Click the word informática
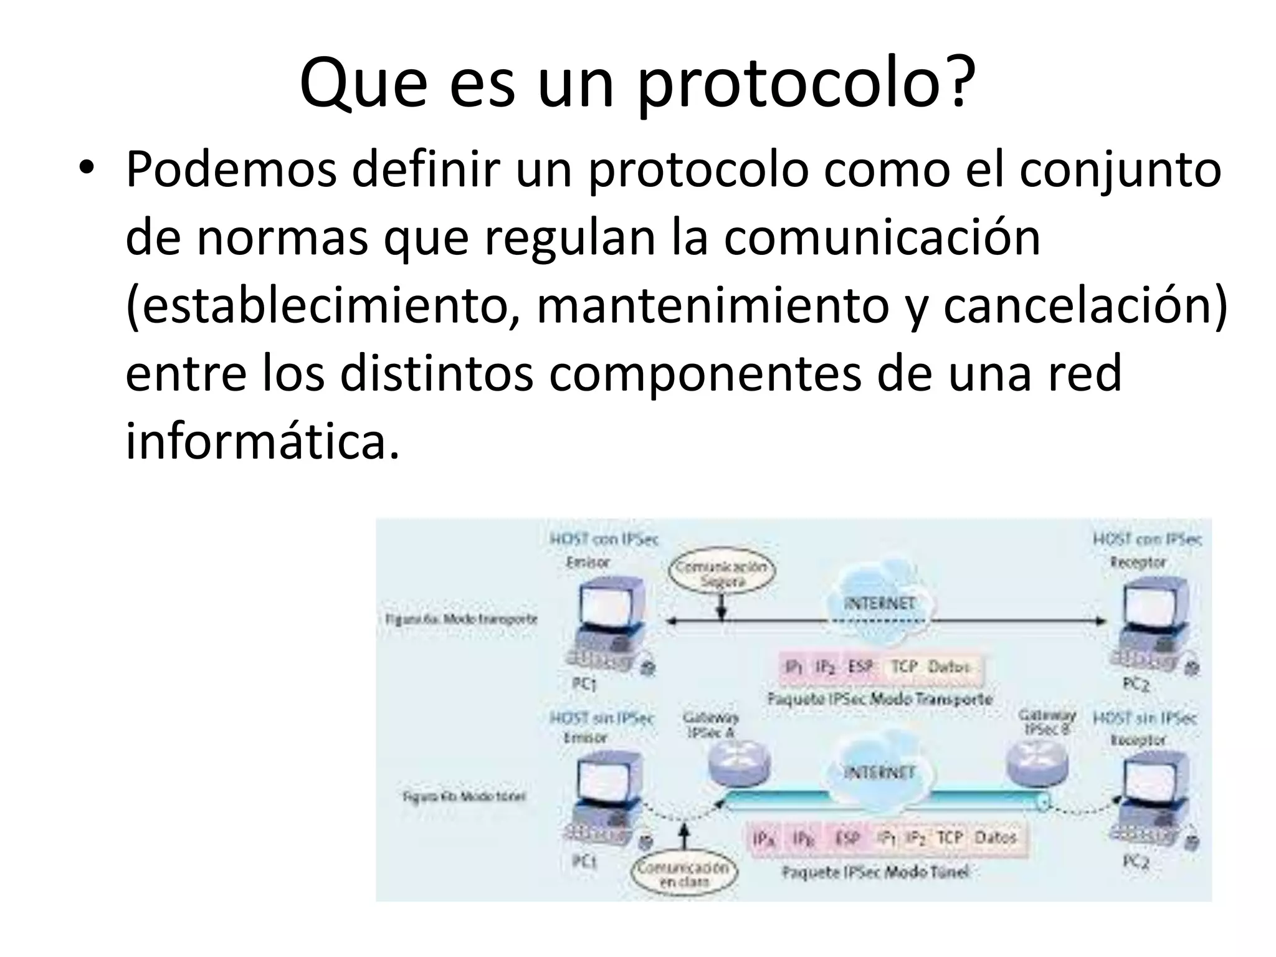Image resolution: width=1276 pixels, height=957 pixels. [262, 441]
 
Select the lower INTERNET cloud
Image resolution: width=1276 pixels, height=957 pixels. [879, 773]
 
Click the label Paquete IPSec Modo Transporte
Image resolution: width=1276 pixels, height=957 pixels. [879, 699]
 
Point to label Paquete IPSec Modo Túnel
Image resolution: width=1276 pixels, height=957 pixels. [875, 872]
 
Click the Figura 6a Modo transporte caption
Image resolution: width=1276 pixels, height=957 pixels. [461, 619]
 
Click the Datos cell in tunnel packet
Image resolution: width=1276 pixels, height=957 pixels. [995, 837]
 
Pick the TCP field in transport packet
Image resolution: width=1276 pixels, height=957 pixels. [904, 667]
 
